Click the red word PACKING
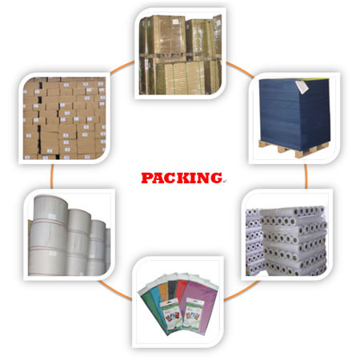tap(182, 178)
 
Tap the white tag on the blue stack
tap(302, 87)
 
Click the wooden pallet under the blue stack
tap(294, 149)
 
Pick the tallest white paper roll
tap(49, 235)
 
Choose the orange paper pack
tap(163, 294)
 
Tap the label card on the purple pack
tap(194, 313)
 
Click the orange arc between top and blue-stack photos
tap(239, 69)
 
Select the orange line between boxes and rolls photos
tap(52, 176)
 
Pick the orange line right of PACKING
tap(306, 176)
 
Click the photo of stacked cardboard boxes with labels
tap(64, 118)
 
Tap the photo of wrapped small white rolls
tap(286, 240)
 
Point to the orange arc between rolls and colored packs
tap(115, 290)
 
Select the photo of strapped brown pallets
tap(180, 54)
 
